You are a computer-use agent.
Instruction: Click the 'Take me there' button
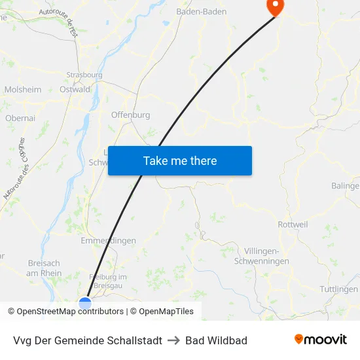point(180,160)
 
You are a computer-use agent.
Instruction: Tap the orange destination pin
point(274,7)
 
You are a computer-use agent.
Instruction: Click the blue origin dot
point(85,302)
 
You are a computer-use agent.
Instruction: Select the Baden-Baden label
point(202,12)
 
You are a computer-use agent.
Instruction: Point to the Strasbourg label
point(84,75)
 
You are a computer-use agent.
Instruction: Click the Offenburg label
point(131,115)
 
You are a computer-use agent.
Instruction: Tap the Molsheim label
point(23,90)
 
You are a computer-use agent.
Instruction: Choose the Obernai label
point(20,118)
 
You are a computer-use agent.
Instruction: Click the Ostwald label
point(75,90)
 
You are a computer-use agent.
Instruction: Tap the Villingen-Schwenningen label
point(266,256)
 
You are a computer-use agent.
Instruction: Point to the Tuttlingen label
point(339,289)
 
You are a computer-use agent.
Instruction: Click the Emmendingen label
point(108,240)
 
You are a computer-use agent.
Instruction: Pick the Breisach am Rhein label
point(45,268)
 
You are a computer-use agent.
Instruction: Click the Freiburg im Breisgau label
point(108,281)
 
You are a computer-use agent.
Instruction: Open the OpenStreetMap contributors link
point(69,312)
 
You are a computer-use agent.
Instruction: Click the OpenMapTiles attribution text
point(166,312)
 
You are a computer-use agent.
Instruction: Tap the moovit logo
point(321,340)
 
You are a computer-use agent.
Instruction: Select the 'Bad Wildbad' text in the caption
point(216,340)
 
